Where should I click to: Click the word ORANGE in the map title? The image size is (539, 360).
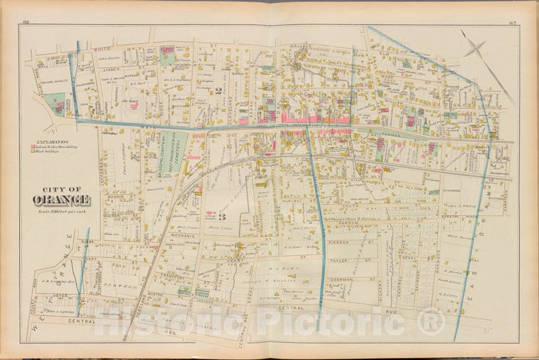60,198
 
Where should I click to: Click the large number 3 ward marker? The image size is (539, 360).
221,218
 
